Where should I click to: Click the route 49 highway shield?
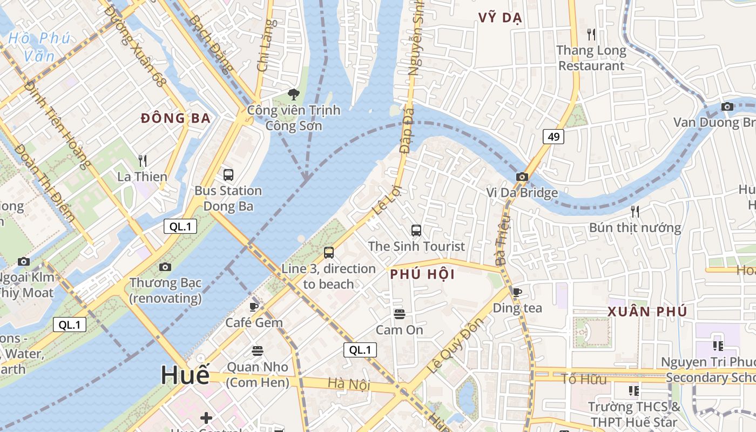pos(553,137)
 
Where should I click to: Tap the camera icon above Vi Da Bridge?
pos(522,177)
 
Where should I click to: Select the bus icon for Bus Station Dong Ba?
pos(228,174)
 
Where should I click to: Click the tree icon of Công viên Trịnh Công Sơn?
pos(294,94)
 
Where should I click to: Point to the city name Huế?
pos(185,375)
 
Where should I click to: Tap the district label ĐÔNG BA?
pos(175,118)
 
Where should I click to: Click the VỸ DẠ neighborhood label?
pos(500,18)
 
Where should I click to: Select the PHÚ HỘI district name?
pos(422,274)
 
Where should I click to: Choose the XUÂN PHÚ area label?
pos(647,312)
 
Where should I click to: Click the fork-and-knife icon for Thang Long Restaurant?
pos(591,35)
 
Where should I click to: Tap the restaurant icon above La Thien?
pos(143,160)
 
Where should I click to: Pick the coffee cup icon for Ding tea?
pos(517,293)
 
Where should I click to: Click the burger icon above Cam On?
pos(400,314)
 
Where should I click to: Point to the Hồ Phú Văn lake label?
pos(39,46)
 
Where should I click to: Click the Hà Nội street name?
pos(349,384)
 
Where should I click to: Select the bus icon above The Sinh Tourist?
pos(416,231)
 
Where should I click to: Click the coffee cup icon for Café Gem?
pos(254,307)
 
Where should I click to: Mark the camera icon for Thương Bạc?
pos(165,267)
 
